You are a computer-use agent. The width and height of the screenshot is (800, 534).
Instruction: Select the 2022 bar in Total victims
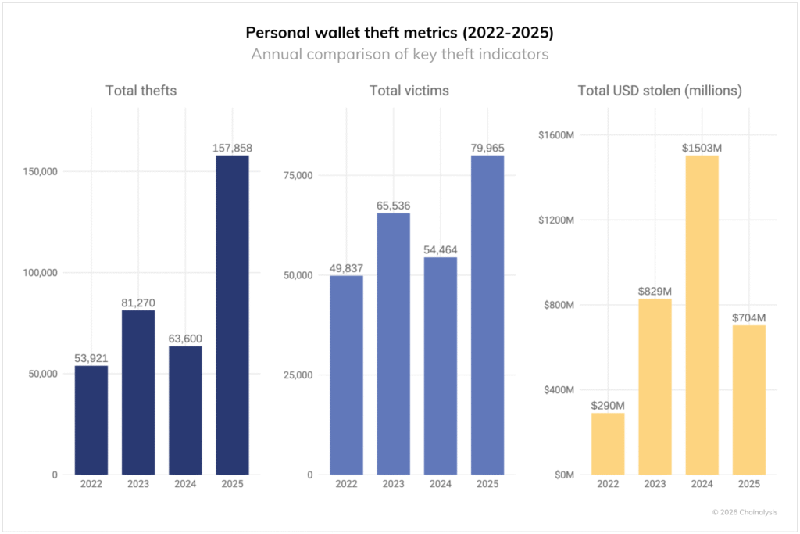click(346, 375)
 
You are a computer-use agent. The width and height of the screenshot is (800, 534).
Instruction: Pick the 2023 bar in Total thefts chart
click(138, 392)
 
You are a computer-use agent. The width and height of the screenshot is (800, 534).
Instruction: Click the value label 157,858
click(232, 147)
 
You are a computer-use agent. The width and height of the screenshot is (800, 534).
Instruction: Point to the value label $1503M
click(702, 148)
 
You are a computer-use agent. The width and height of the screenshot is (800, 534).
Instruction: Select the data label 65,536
click(393, 206)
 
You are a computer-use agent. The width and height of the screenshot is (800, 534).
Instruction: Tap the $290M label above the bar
click(608, 405)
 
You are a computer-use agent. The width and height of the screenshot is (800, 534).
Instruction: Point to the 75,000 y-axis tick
click(298, 175)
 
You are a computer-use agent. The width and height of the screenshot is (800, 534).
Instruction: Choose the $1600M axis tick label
click(555, 135)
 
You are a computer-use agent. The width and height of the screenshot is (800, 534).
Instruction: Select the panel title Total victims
click(409, 91)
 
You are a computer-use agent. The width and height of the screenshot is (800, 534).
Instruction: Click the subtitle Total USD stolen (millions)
click(659, 91)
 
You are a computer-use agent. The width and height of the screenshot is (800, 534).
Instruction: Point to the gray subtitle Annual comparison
click(399, 55)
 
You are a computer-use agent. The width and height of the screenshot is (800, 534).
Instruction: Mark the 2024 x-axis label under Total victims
click(440, 485)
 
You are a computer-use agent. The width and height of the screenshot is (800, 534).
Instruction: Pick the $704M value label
click(748, 317)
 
